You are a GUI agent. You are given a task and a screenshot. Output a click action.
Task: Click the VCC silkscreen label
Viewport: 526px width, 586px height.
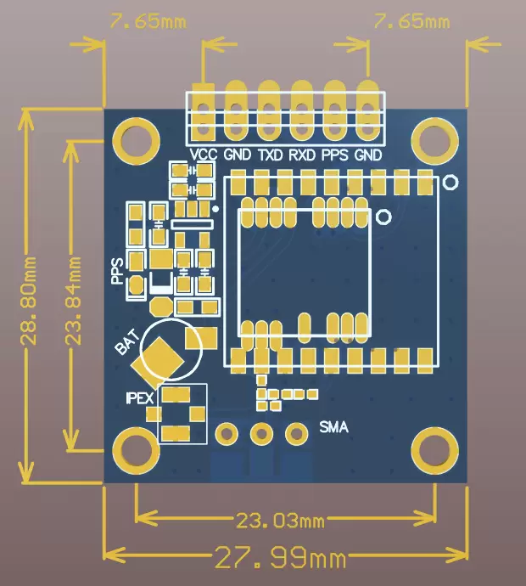point(204,155)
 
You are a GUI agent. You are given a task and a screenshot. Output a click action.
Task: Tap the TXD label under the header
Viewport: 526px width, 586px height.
point(271,155)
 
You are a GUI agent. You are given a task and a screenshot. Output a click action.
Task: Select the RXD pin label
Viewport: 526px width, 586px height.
point(302,155)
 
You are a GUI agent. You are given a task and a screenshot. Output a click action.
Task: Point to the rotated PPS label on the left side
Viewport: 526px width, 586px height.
point(117,270)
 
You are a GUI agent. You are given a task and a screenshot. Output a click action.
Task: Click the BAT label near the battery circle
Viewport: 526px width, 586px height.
point(125,345)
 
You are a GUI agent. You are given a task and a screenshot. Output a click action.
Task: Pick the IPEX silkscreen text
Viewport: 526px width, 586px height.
point(140,397)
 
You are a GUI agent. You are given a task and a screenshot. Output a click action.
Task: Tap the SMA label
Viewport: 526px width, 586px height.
point(333,426)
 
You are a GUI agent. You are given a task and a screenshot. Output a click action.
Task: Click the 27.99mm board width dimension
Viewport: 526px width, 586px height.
point(280,559)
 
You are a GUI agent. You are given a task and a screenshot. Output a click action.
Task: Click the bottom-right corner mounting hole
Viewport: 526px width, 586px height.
point(434,449)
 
